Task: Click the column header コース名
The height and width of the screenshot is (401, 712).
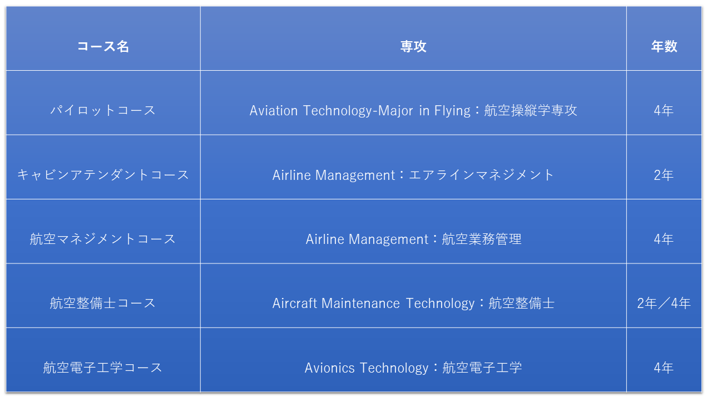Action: pos(103,46)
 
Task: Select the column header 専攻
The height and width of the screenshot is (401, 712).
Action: pos(413,46)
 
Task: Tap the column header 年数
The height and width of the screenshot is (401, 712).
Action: pos(664,46)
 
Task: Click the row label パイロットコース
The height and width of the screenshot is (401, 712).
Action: pos(103,111)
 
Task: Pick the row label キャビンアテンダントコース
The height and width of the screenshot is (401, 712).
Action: pos(103,175)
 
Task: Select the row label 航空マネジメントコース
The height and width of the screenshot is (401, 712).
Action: pos(103,239)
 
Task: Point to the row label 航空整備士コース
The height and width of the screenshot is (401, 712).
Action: pos(103,304)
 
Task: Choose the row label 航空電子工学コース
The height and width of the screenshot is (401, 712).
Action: pos(103,368)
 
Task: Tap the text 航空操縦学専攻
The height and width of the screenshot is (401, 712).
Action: pos(531,111)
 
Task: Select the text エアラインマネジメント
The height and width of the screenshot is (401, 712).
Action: pos(482,175)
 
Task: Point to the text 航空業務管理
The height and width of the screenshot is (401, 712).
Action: pos(482,239)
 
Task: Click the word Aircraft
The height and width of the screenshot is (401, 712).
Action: pos(295,304)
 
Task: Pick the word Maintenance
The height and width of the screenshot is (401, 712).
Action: pos(360,304)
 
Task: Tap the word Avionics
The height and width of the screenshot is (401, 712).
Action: pos(330,368)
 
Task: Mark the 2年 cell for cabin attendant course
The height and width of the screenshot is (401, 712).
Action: pos(664,175)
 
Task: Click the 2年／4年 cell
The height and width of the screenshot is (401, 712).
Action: pos(664,304)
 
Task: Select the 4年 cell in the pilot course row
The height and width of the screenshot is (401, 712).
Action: pos(664,111)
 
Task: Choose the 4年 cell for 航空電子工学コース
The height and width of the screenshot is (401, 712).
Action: pos(664,368)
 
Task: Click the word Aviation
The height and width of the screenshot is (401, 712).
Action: pos(274,111)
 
